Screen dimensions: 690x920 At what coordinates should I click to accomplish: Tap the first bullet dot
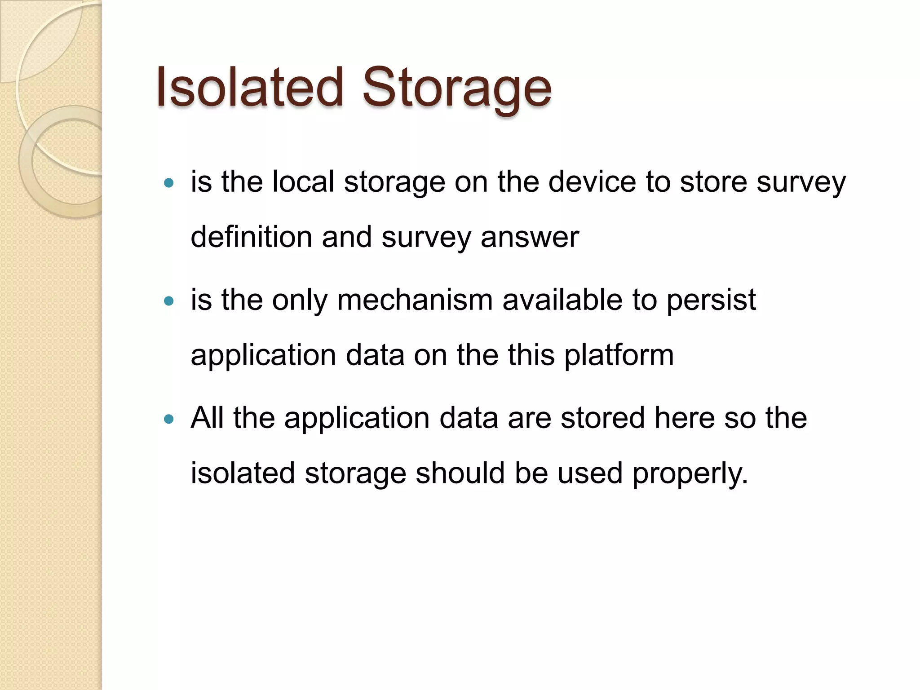click(x=168, y=183)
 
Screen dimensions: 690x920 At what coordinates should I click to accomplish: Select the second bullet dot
click(x=168, y=301)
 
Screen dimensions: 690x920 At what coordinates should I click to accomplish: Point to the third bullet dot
click(x=168, y=419)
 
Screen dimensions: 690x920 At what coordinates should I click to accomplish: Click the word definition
click(x=251, y=237)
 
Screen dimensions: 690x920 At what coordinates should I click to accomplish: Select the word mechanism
click(x=415, y=300)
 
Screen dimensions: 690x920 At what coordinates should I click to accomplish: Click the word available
click(x=562, y=300)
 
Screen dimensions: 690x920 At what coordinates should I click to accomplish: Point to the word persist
click(x=711, y=301)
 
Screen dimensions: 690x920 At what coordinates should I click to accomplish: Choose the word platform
click(x=619, y=355)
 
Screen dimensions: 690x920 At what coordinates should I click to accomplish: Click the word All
click(x=207, y=418)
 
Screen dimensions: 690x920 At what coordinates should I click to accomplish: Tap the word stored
click(x=603, y=418)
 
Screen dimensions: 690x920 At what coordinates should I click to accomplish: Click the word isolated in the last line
click(x=242, y=473)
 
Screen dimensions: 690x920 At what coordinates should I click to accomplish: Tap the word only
click(x=300, y=301)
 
